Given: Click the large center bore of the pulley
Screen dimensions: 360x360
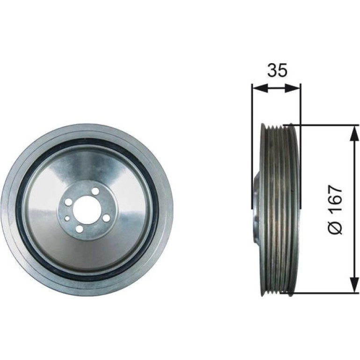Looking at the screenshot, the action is click(x=87, y=210).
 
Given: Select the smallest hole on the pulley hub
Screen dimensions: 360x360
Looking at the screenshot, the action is click(x=67, y=218).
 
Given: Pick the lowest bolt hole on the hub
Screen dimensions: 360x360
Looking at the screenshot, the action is click(x=79, y=229).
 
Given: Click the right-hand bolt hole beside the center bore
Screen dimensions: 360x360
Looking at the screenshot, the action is click(x=106, y=218).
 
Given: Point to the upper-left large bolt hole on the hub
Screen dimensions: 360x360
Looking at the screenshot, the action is click(x=68, y=202).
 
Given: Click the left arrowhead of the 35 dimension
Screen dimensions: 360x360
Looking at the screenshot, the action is click(x=260, y=88).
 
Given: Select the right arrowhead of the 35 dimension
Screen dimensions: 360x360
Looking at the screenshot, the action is click(x=292, y=88).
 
